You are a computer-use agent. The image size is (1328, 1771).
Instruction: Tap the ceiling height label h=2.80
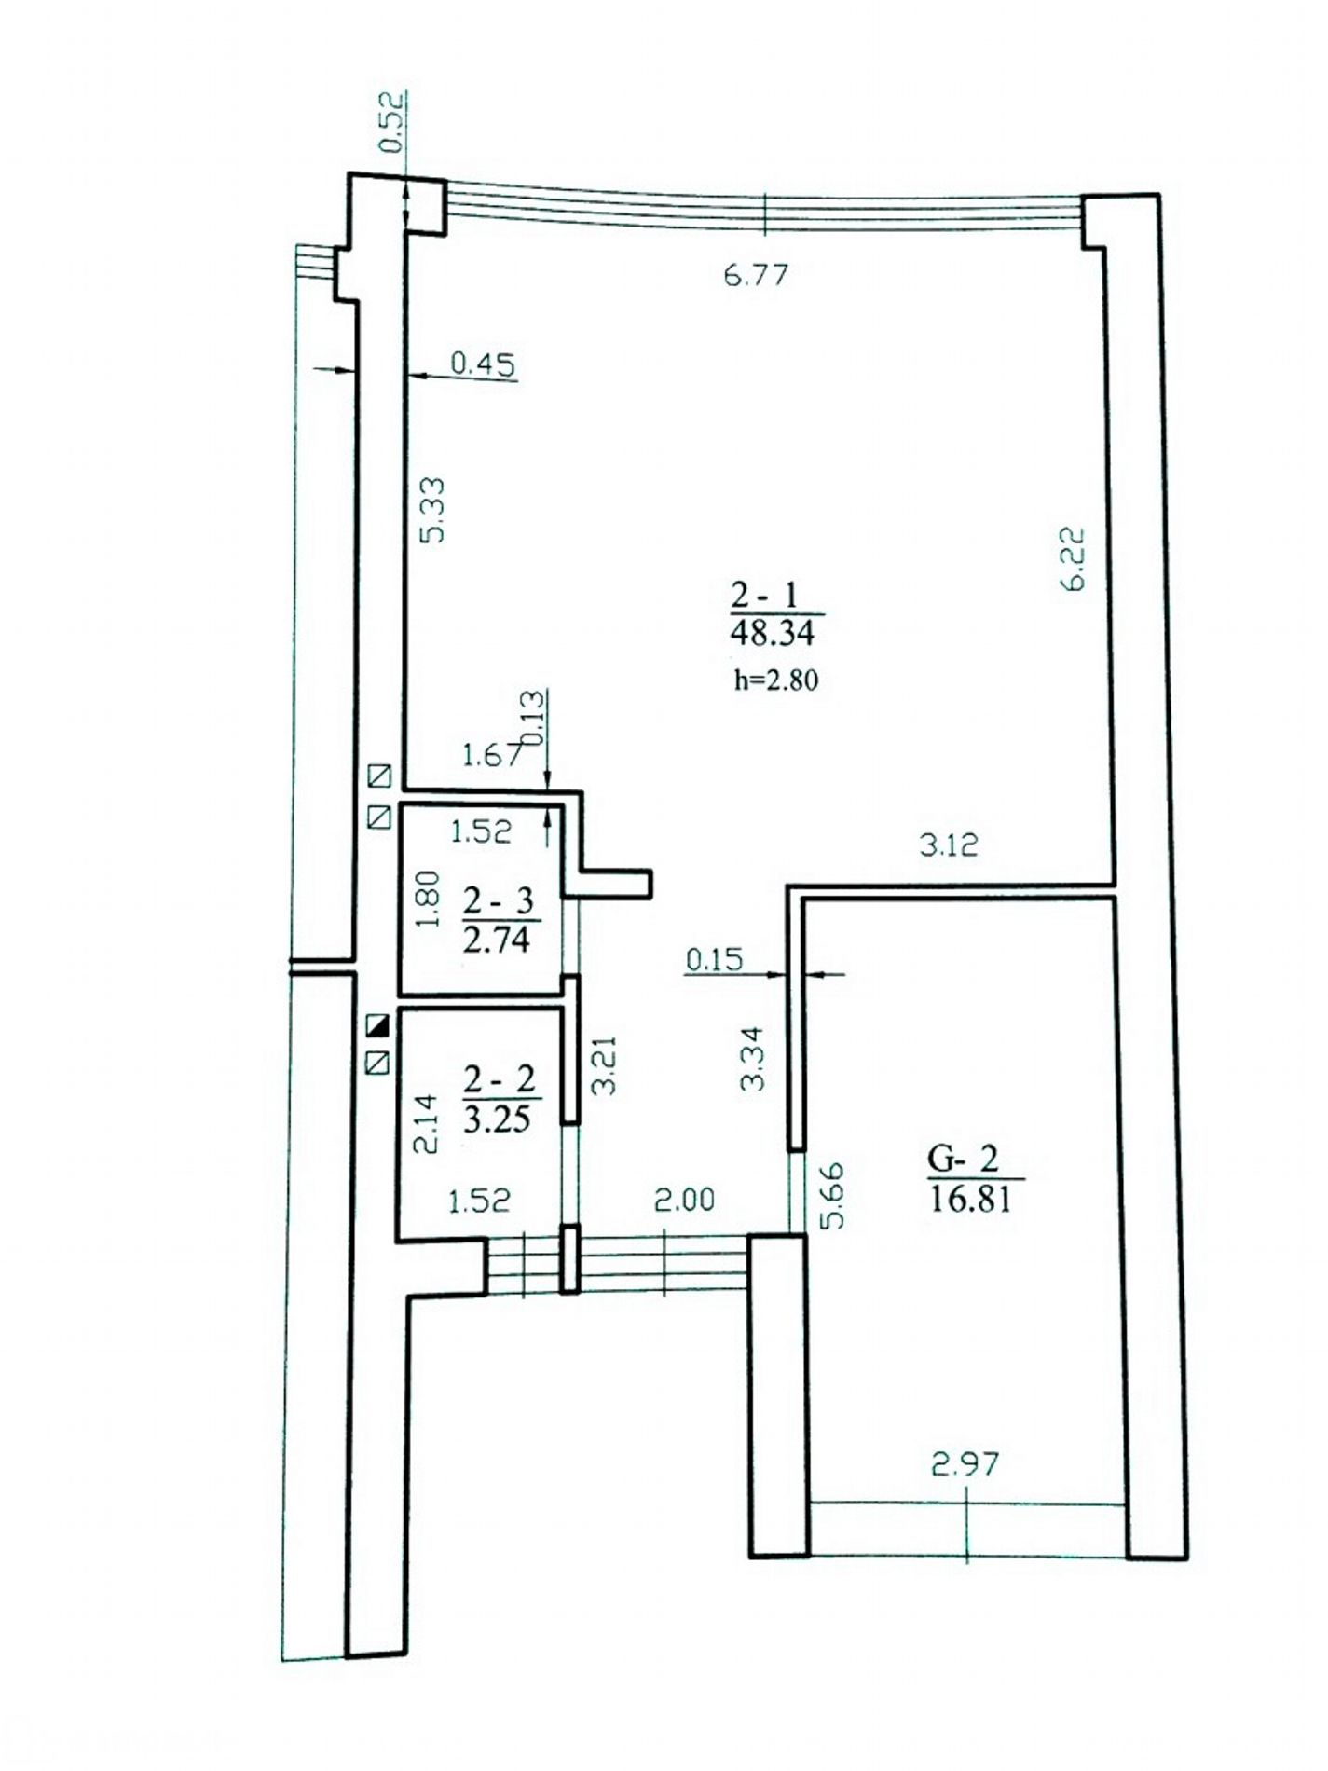point(775,680)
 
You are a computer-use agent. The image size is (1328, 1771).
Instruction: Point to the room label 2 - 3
point(498,901)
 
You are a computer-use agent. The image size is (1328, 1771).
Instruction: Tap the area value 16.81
point(970,1198)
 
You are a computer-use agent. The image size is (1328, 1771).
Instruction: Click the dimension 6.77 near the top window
point(756,275)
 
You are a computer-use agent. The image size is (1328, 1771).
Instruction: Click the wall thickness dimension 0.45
point(483,364)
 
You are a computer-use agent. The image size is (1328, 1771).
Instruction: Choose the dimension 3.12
point(949,844)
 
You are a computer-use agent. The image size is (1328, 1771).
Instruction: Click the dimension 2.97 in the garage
point(965,1465)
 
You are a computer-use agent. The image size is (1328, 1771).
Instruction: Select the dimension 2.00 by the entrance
point(684,1199)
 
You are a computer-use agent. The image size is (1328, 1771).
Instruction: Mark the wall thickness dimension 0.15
point(716,958)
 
